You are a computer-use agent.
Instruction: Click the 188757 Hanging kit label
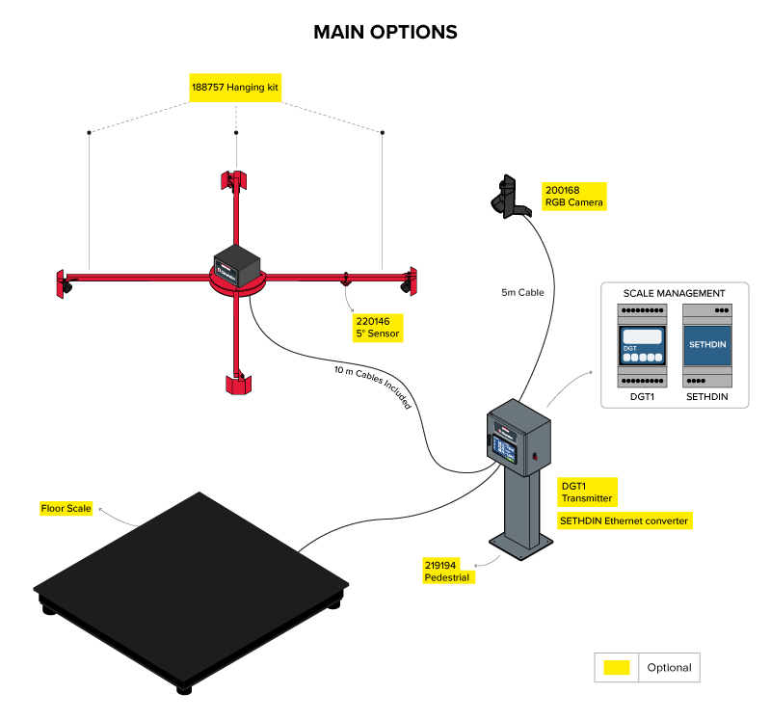tap(235, 87)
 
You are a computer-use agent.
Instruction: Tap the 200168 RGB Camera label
tap(574, 197)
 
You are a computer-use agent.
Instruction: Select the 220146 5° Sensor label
tap(378, 327)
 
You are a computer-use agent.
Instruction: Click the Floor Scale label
tap(66, 508)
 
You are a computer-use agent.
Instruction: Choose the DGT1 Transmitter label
tap(586, 493)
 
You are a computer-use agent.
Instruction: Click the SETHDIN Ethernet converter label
tap(625, 520)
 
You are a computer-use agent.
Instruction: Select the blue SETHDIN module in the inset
tap(707, 346)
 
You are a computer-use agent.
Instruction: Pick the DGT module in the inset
tap(642, 346)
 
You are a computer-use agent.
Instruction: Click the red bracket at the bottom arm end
tap(237, 384)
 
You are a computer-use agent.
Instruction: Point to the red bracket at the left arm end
tap(64, 281)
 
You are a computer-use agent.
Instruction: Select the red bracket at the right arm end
tap(410, 280)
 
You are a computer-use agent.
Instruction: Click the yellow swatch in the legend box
tap(617, 667)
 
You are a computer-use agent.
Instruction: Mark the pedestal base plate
tap(521, 547)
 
